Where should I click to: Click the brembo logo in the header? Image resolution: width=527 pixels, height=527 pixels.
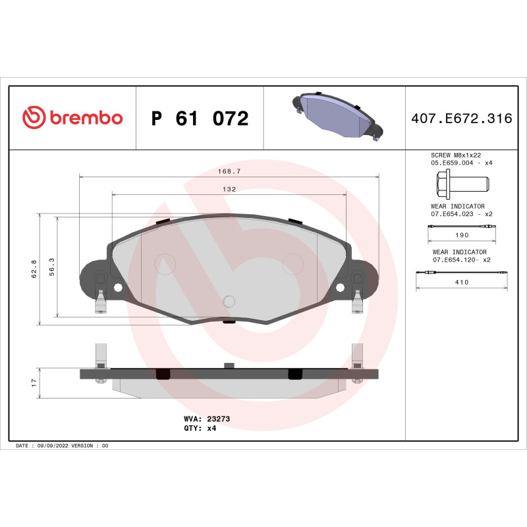72,118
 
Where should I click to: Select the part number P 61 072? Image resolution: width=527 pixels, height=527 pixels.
200,119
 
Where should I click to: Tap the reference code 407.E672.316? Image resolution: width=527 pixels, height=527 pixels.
461,119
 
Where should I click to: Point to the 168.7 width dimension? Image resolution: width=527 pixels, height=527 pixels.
229,171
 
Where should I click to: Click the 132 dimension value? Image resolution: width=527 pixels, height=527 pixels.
229,188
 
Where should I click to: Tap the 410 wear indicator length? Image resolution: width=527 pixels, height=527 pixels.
461,282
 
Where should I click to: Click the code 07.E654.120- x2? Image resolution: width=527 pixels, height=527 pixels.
461,260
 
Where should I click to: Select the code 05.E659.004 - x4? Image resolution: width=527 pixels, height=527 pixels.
461,162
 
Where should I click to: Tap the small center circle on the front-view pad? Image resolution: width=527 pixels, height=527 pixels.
229,302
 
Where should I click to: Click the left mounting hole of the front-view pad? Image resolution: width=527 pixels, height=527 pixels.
118,288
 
